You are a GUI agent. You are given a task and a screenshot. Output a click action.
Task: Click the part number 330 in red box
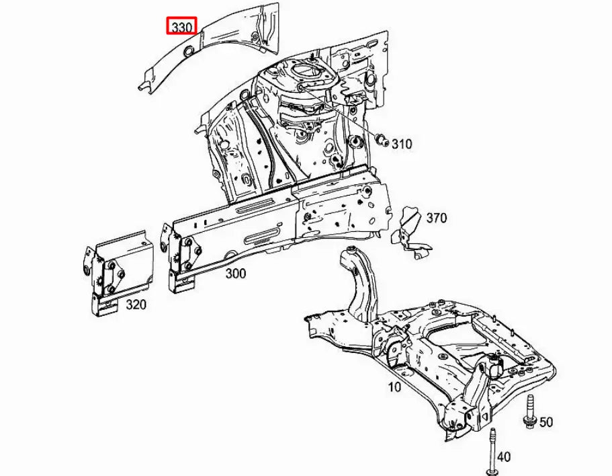181,28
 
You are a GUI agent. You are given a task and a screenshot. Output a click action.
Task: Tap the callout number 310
402,144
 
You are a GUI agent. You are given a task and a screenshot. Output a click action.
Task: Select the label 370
436,219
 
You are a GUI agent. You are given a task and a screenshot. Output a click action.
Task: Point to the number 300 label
235,274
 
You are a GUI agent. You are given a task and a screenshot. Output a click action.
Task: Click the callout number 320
136,305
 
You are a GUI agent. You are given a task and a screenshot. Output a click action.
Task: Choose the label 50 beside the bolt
546,422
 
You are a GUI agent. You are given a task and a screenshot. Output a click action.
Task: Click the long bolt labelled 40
493,450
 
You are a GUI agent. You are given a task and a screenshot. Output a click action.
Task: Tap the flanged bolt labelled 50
529,411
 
